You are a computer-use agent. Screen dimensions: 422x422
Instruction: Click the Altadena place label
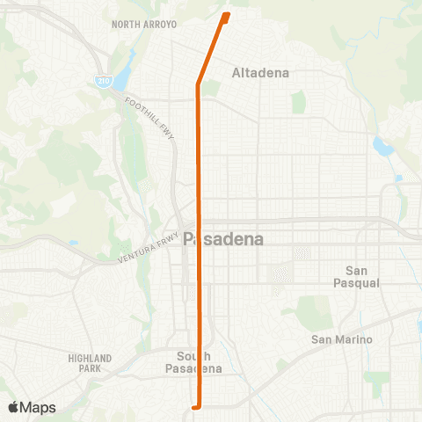(260, 73)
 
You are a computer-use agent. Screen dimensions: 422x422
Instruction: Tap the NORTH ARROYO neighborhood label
(145, 25)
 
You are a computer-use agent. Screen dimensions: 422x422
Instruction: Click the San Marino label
(342, 339)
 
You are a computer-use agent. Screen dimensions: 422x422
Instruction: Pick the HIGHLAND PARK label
(90, 363)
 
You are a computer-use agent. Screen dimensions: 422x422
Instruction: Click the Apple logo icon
(13, 407)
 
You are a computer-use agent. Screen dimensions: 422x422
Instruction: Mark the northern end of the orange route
(228, 15)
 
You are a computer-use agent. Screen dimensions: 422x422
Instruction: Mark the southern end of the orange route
(196, 406)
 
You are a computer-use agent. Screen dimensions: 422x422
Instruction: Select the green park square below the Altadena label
(298, 103)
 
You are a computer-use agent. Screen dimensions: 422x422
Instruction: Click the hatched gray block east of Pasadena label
(280, 275)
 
